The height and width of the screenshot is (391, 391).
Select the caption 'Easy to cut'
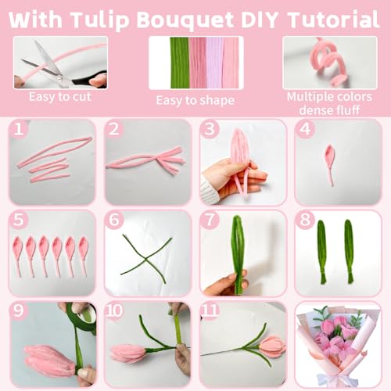tap(59, 98)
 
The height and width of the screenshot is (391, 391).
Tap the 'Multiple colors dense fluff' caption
tap(330, 103)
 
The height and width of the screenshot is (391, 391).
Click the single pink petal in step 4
tap(328, 160)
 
